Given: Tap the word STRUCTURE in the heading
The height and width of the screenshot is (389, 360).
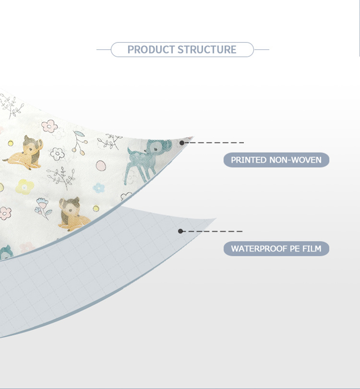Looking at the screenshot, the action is [x=207, y=50].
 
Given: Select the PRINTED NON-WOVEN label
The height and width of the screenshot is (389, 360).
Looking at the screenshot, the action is [x=276, y=160].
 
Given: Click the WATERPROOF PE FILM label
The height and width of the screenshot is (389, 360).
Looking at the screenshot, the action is [x=276, y=248].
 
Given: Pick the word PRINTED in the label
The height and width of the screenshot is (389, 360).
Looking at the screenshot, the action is [x=249, y=160].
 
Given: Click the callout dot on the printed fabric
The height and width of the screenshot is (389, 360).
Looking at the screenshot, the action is [x=182, y=143].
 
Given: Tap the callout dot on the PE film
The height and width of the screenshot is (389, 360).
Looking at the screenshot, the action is [x=180, y=231].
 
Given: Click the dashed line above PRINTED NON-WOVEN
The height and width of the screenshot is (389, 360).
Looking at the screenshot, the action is [x=214, y=143].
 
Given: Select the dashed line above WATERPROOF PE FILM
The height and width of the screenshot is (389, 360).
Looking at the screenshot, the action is [x=213, y=231].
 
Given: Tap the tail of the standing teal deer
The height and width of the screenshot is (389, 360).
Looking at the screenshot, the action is [x=129, y=151].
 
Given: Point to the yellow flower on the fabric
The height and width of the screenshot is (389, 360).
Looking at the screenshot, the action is [x=24, y=187].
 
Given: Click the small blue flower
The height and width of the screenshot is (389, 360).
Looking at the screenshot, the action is [x=99, y=188].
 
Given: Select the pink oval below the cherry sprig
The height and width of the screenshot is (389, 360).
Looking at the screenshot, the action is [x=101, y=165].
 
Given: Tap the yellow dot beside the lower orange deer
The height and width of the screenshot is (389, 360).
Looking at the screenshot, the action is [x=96, y=208].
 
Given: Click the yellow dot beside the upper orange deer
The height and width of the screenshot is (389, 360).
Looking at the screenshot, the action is [x=10, y=143].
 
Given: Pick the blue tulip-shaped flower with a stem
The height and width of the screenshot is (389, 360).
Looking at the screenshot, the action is [x=43, y=208].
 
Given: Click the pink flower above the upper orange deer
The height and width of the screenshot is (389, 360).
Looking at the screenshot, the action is [x=49, y=126].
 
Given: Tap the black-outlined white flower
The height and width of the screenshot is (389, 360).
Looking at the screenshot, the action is [x=57, y=154].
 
